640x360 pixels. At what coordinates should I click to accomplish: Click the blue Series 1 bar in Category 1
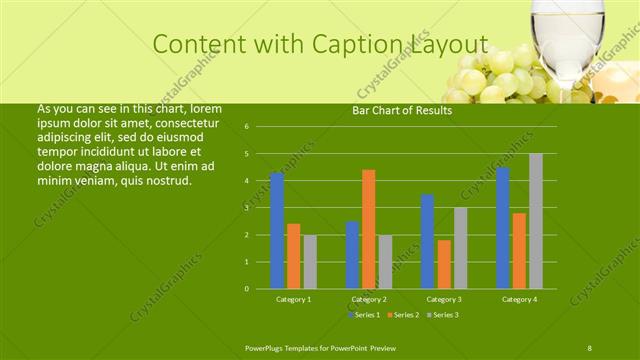277,231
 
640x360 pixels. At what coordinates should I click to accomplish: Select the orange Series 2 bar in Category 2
369,229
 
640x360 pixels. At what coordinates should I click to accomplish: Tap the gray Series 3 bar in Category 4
536,221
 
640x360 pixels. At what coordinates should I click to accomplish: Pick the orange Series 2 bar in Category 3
444,264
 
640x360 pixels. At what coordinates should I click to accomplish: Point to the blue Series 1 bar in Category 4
503,228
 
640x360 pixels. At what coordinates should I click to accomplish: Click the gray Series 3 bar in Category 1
310,262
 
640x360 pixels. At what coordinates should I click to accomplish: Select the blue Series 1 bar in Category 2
353,255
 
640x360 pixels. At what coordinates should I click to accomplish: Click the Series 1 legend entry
365,314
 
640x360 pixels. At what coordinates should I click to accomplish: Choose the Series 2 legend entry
403,314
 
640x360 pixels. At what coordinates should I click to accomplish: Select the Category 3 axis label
444,299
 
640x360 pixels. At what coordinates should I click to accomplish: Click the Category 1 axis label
293,299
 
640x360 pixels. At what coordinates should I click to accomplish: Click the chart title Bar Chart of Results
402,110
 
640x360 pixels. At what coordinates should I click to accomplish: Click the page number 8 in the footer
589,346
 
